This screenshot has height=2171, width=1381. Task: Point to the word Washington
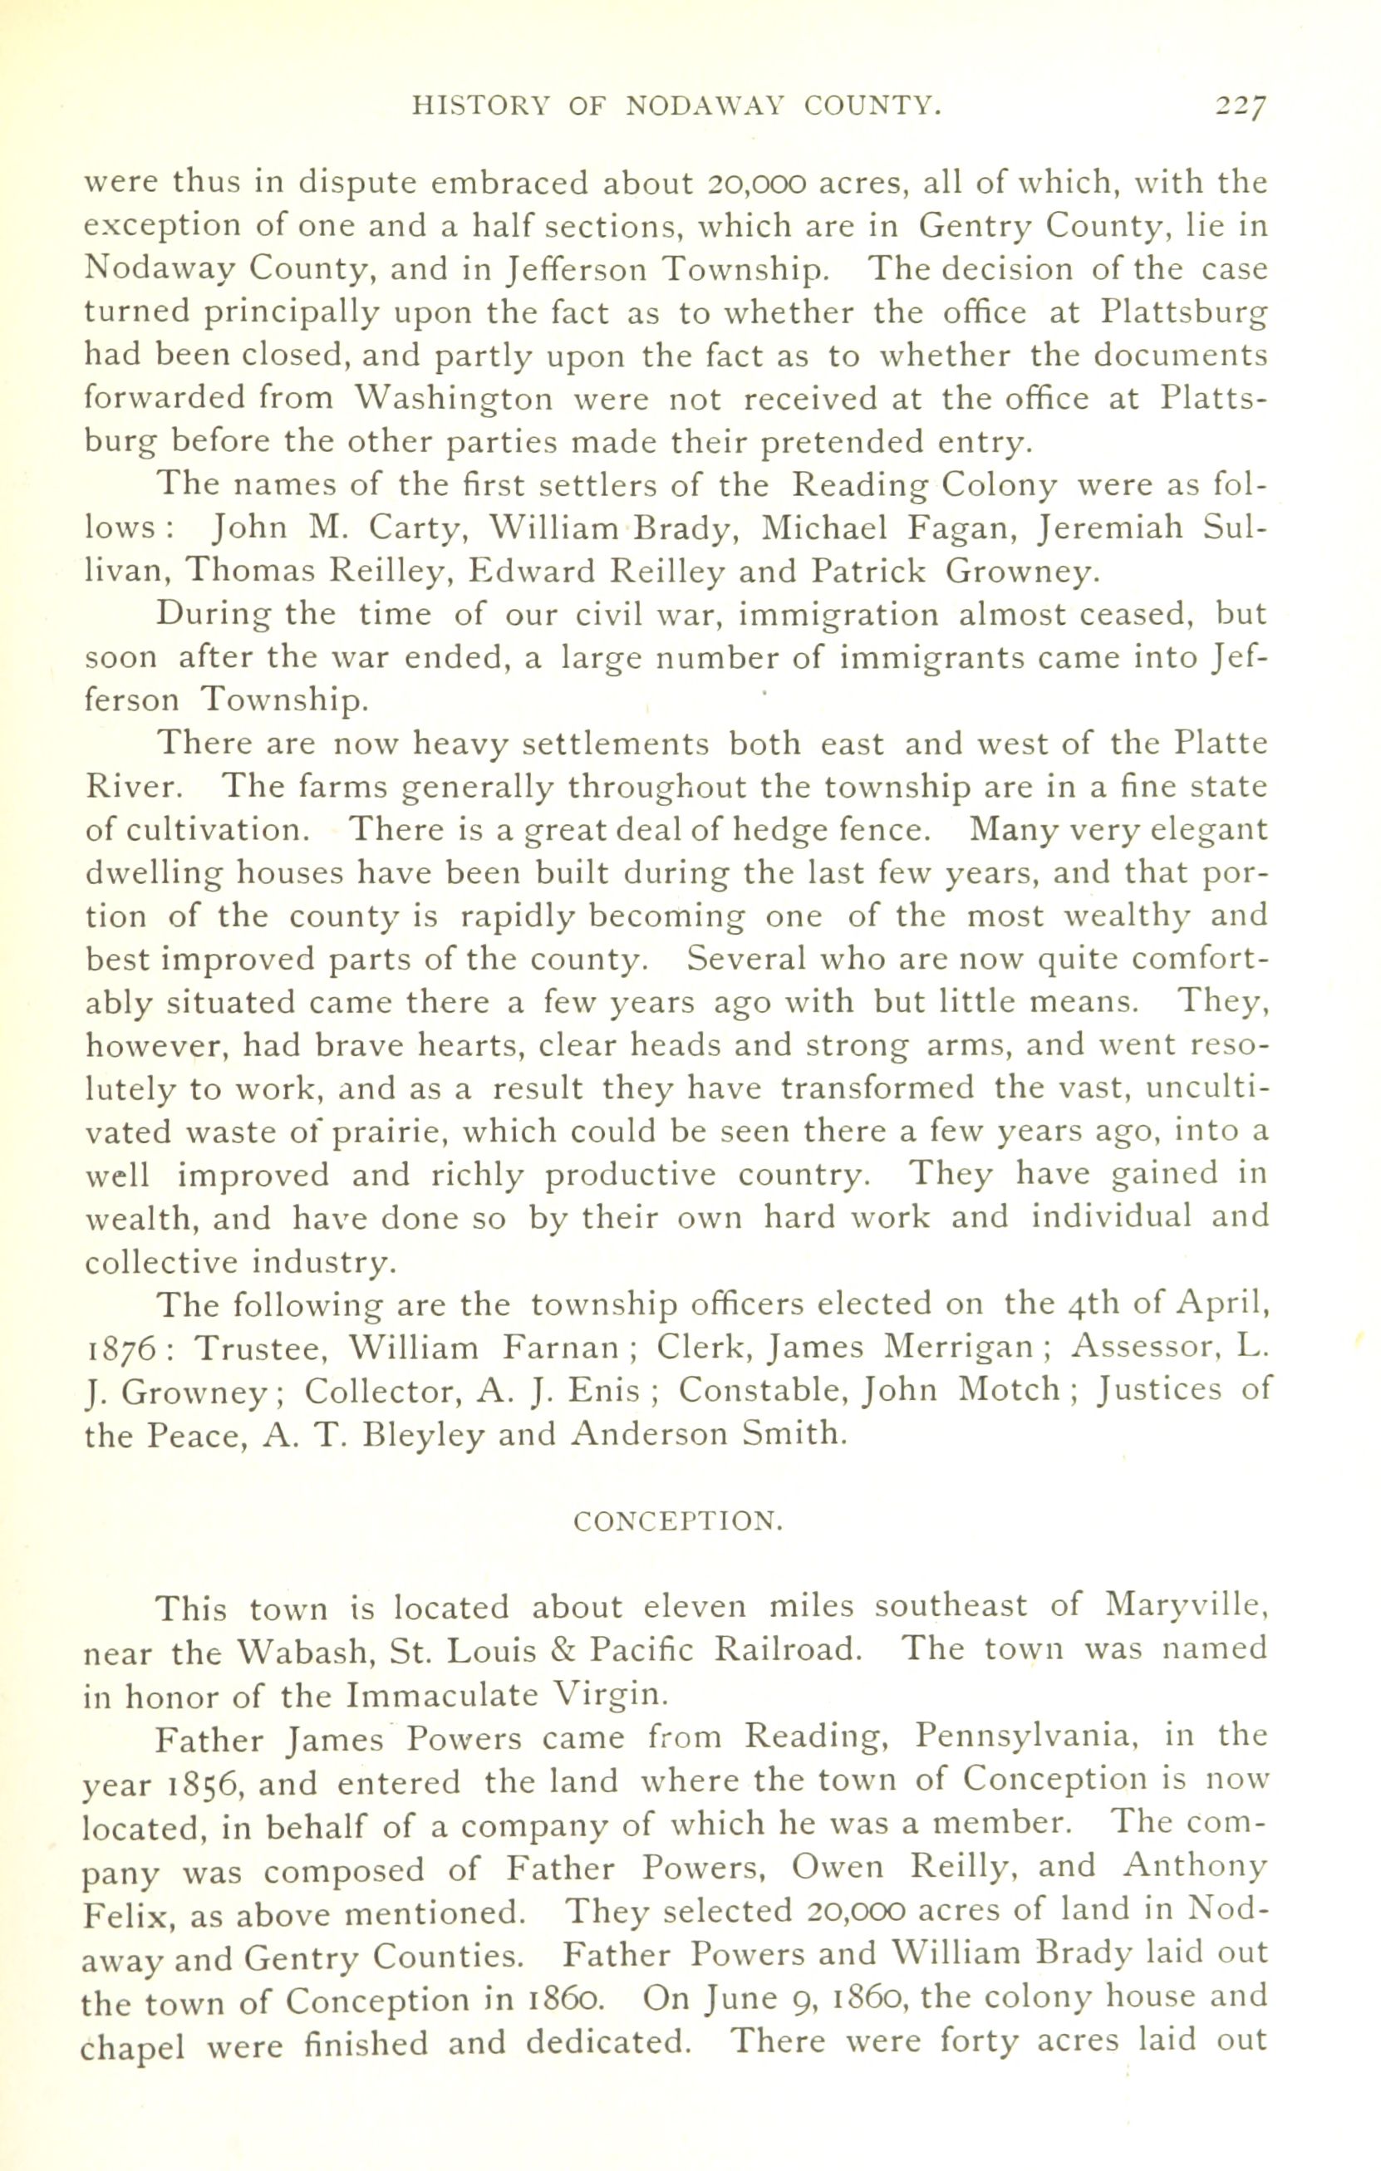pyautogui.click(x=454, y=400)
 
